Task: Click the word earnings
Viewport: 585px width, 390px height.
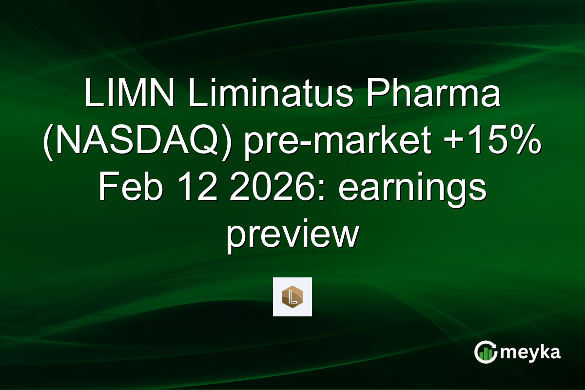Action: click(412, 189)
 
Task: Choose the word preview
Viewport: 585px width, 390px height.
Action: click(292, 235)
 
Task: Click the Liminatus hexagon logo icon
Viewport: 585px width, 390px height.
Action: click(292, 296)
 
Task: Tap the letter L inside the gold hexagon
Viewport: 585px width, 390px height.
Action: click(292, 297)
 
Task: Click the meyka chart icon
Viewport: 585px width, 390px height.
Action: click(485, 352)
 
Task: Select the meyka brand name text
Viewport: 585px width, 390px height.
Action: click(530, 352)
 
